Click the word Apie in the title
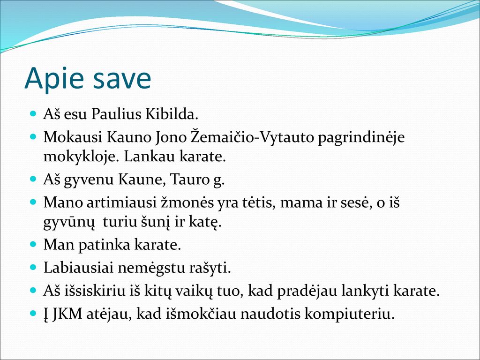pos(54,78)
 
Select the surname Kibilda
pos(172,114)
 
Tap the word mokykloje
pos(82,157)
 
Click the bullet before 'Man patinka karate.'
pos(33,244)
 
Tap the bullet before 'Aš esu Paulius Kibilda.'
pos(33,114)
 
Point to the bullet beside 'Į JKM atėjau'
pos(33,314)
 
